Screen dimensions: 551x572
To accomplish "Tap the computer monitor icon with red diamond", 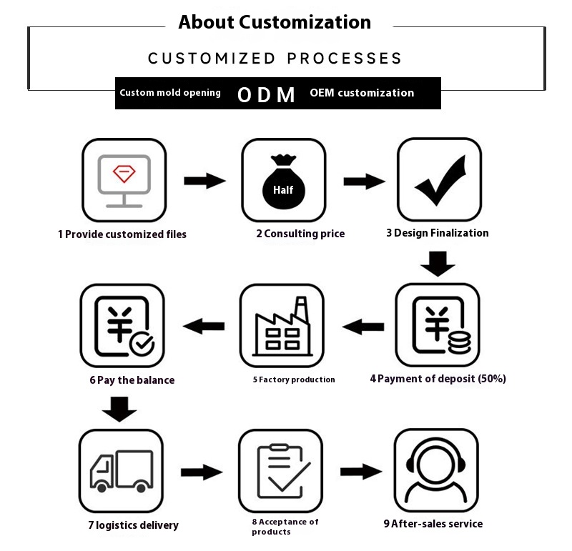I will (124, 180).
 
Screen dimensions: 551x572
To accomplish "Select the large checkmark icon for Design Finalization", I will (439, 179).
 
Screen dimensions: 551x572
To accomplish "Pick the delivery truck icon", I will (122, 471).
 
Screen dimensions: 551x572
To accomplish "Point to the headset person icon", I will (435, 471).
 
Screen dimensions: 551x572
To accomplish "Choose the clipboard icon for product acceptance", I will (280, 471).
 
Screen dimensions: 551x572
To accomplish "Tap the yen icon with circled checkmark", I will (122, 326).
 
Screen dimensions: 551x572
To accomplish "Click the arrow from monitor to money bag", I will (204, 180).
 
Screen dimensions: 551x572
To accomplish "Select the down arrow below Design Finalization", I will (438, 264).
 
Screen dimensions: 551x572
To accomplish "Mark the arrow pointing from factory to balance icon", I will (204, 327).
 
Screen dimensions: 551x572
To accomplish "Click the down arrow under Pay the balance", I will (119, 409).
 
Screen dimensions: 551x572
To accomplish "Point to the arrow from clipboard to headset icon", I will (360, 471).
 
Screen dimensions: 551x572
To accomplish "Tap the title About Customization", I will (275, 22).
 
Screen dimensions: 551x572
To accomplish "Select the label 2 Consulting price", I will (300, 234).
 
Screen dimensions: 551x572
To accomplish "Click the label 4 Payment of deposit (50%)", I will (438, 379).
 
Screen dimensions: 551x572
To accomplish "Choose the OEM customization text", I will (362, 93).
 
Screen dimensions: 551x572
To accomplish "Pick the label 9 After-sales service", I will (433, 524).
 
